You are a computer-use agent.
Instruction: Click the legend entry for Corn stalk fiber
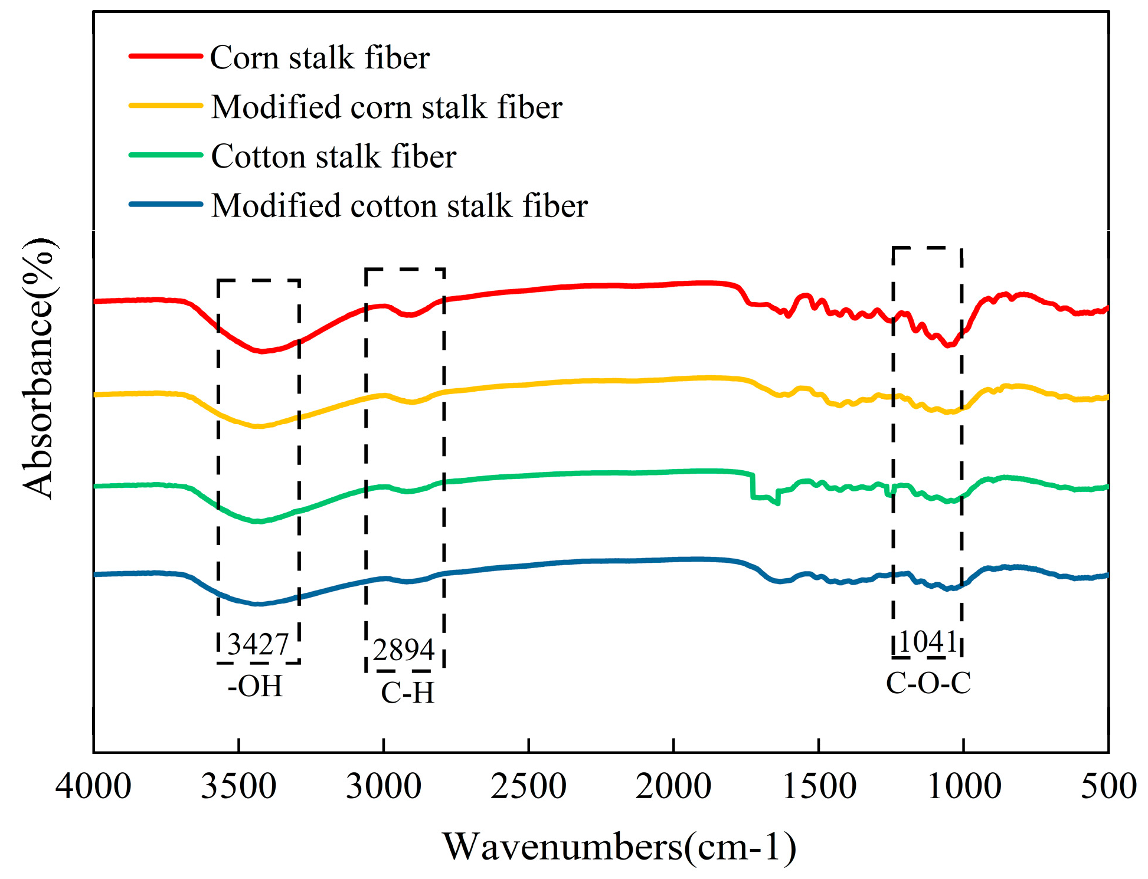pyautogui.click(x=319, y=58)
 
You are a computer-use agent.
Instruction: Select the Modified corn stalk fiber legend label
pyautogui.click(x=387, y=107)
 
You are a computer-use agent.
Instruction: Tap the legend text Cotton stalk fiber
pyautogui.click(x=333, y=157)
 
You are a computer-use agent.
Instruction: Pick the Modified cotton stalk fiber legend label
pyautogui.click(x=399, y=206)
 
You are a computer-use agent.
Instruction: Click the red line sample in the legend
pyautogui.click(x=166, y=56)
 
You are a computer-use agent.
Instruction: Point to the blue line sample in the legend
pyautogui.click(x=166, y=204)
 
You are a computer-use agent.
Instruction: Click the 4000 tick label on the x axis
pyautogui.click(x=93, y=787)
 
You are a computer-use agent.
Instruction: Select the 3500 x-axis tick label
pyautogui.click(x=238, y=787)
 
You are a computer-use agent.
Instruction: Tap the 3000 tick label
pyautogui.click(x=384, y=787)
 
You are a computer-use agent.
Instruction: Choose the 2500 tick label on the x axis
pyautogui.click(x=528, y=787)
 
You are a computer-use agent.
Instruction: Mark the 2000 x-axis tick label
pyautogui.click(x=673, y=787)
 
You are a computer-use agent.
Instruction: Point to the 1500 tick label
pyautogui.click(x=819, y=787)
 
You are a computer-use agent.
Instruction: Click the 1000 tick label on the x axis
pyautogui.click(x=964, y=787)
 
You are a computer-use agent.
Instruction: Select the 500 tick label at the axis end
pyautogui.click(x=1108, y=787)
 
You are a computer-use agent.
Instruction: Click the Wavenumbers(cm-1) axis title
pyautogui.click(x=619, y=847)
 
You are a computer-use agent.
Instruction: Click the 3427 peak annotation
pyautogui.click(x=258, y=644)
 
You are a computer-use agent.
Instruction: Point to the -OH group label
pyautogui.click(x=255, y=686)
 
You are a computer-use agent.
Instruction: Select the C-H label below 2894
pyautogui.click(x=407, y=693)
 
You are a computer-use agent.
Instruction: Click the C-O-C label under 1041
pyautogui.click(x=928, y=683)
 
